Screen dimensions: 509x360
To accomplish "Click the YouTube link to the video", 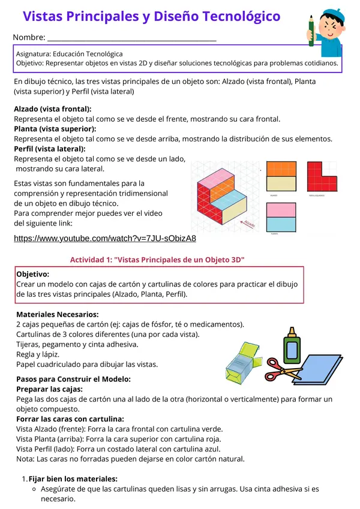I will point(105,239).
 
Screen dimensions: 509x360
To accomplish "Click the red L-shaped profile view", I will point(323,177).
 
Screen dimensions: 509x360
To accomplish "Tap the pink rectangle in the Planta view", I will point(280,210).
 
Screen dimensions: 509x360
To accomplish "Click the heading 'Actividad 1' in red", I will point(157,260).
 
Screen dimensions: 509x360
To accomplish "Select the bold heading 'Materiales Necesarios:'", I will point(58,314).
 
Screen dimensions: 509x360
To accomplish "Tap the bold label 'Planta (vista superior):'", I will point(55,129).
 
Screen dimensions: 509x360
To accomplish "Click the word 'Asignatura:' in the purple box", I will point(35,54).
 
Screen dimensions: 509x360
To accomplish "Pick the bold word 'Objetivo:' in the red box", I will point(33,274).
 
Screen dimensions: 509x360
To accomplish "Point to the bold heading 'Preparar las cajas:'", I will point(52,389).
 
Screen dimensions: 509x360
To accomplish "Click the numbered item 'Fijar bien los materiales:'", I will point(73,478).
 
